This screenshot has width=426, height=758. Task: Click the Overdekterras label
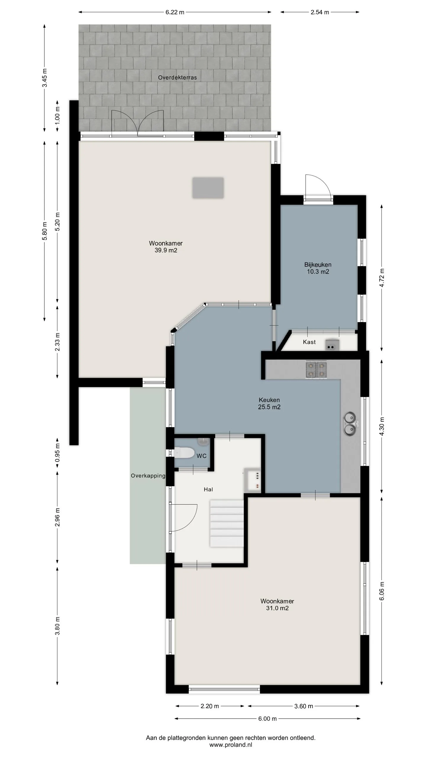[177, 78]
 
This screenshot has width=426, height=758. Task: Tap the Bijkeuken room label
[318, 268]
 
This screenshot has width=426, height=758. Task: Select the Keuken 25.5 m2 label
[269, 403]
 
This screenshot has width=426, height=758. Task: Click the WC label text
[201, 456]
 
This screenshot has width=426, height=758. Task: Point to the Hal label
[208, 489]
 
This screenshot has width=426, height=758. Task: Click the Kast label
[309, 342]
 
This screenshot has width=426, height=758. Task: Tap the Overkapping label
[148, 476]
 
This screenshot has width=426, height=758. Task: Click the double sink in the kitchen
[349, 423]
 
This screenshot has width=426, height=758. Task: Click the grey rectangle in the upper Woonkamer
[208, 188]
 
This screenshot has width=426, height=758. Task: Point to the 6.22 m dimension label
[175, 12]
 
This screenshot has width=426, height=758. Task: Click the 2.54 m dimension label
[320, 12]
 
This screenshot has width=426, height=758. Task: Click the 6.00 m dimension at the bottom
[267, 719]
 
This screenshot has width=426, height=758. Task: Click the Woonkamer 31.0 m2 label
[277, 601]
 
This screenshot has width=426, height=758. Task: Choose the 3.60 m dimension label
[304, 706]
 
